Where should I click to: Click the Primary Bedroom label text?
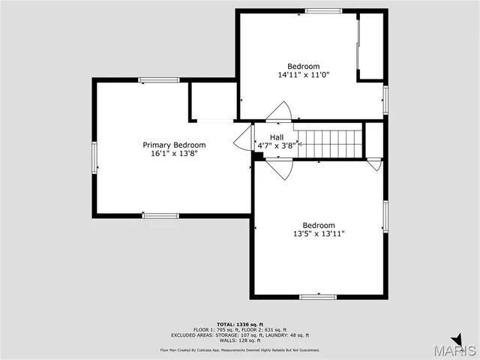[x=174, y=145]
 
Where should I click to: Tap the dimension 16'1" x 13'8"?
[x=174, y=154]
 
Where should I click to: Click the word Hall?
[x=277, y=137]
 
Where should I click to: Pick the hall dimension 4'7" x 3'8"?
[x=277, y=146]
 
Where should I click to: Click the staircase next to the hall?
[x=329, y=142]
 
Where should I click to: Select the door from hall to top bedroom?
[x=279, y=112]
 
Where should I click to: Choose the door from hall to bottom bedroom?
[x=279, y=169]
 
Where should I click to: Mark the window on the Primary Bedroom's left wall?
[x=94, y=158]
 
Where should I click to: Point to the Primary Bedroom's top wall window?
[x=158, y=80]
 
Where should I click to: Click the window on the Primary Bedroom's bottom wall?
[x=160, y=216]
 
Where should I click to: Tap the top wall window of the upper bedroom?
[x=323, y=11]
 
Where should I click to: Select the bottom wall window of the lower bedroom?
[x=318, y=297]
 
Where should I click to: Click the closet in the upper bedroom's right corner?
[x=370, y=46]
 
